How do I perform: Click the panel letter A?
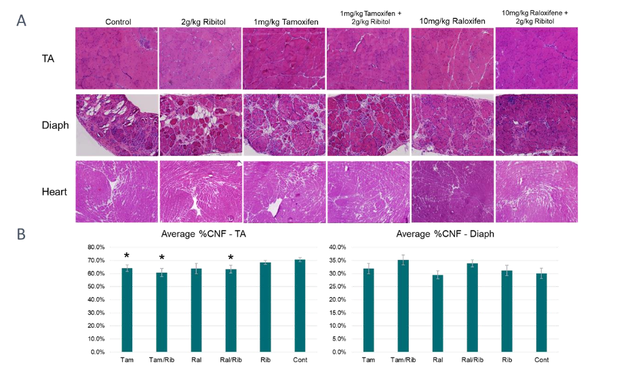coord(22,20)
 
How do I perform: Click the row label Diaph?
coord(55,125)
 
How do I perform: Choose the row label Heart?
coord(54,192)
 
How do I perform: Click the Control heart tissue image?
coord(117,191)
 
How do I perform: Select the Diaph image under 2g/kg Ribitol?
coord(200,125)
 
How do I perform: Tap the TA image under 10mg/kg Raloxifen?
coord(452,58)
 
